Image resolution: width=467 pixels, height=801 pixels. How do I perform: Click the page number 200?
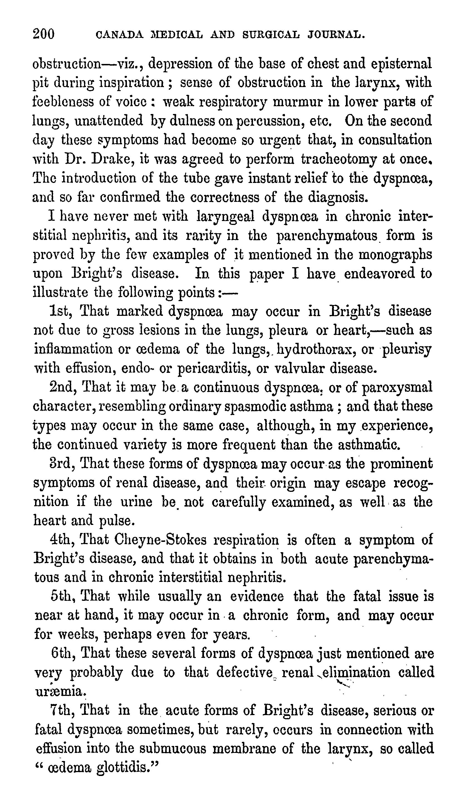(44, 33)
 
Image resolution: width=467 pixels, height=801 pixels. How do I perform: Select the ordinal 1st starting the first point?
(61, 311)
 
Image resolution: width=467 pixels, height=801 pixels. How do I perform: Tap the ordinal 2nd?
(62, 388)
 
